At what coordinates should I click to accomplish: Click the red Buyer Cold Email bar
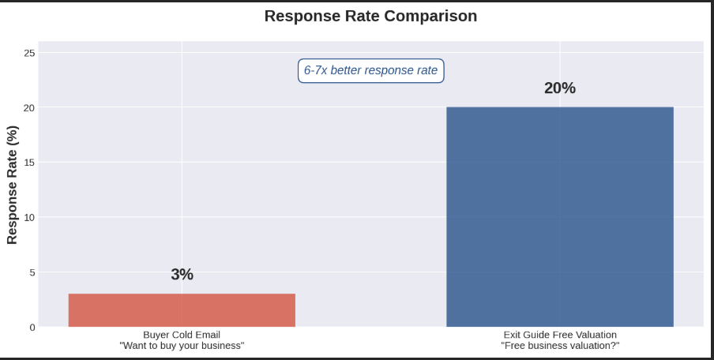[x=182, y=310]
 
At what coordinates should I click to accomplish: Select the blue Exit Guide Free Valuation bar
[x=559, y=217]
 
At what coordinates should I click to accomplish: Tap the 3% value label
[x=182, y=275]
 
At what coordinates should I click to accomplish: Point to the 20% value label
[x=559, y=88]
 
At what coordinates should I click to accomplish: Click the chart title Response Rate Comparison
[x=370, y=16]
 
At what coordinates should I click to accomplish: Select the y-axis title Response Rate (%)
[x=13, y=185]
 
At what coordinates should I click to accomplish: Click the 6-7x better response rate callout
[x=370, y=70]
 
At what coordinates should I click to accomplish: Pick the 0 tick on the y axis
[x=32, y=327]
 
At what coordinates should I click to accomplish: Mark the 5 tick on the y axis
[x=32, y=272]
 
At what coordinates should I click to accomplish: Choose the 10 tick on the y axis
[x=29, y=217]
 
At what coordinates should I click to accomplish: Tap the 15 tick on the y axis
[x=29, y=163]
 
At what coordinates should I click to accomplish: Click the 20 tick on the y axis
[x=29, y=107]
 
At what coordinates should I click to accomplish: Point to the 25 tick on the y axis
[x=29, y=53]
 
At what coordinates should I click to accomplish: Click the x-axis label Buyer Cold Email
[x=182, y=335]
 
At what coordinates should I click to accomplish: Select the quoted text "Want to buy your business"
[x=182, y=346]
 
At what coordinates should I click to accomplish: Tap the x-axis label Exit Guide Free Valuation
[x=559, y=335]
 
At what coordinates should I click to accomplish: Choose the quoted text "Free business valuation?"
[x=559, y=346]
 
